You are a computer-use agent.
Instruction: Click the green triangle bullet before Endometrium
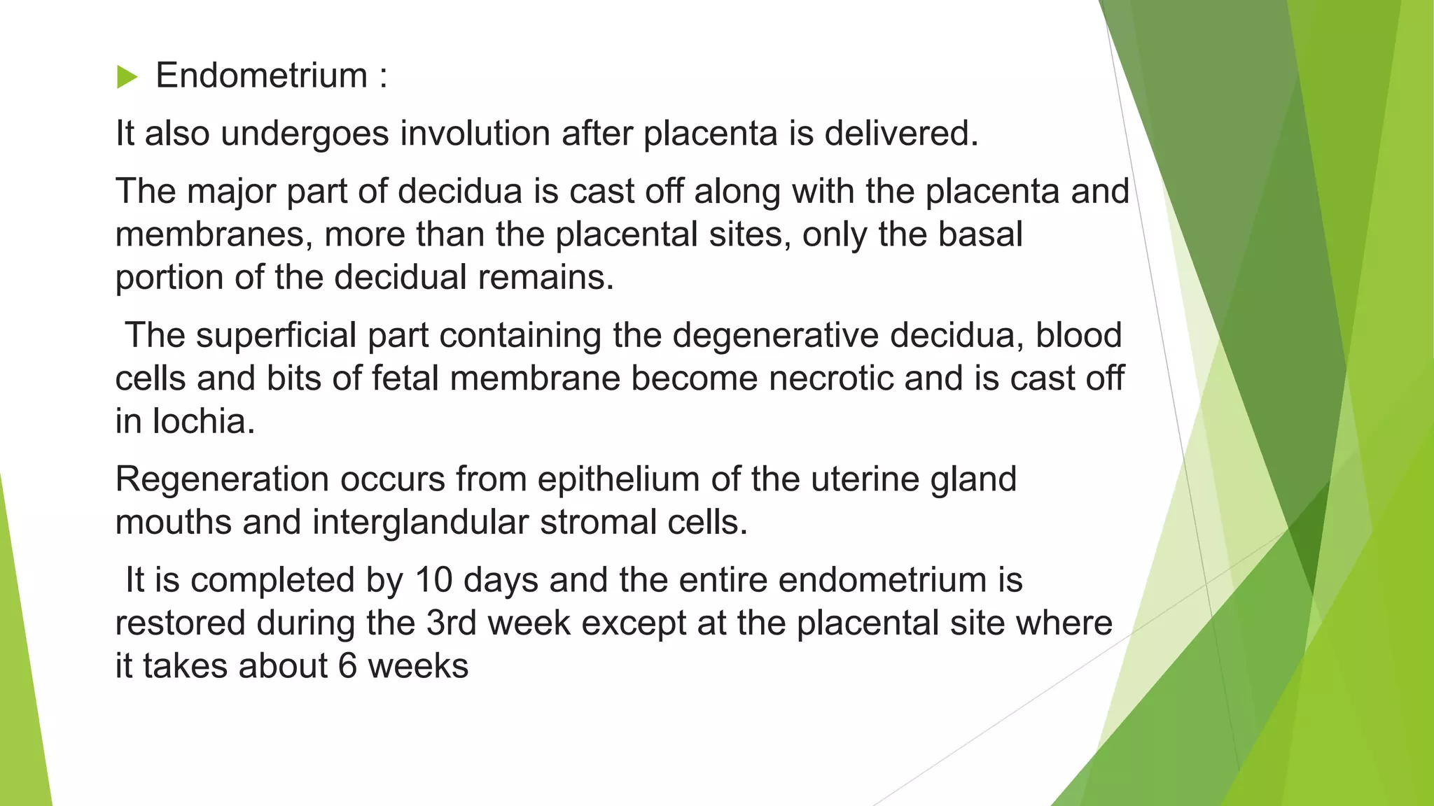tap(127, 76)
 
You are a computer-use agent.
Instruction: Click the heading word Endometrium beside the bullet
tap(261, 76)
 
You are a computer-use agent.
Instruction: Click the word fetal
tap(405, 379)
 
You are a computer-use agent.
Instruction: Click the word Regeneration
tap(222, 480)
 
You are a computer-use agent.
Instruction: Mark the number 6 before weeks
tap(347, 665)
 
